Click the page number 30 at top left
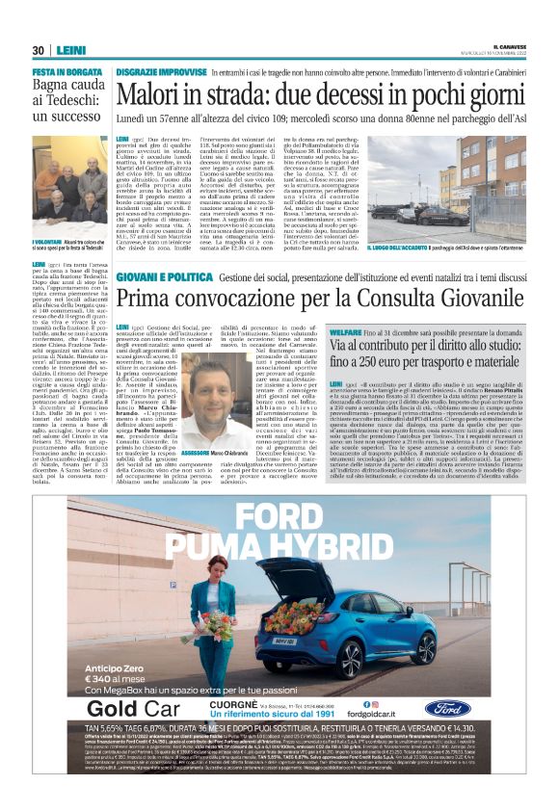coord(38,50)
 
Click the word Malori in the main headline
coord(153,95)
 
